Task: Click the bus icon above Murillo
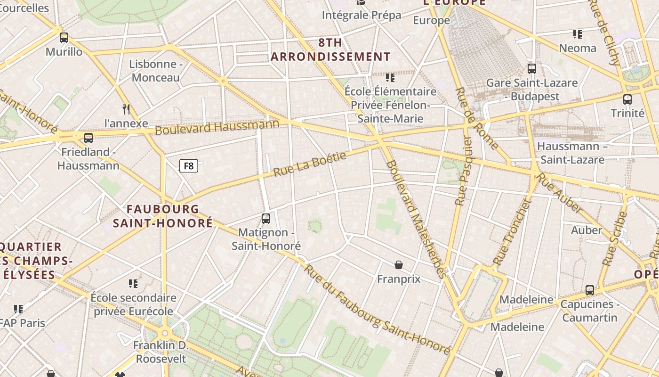click(64, 38)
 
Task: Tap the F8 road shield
click(188, 166)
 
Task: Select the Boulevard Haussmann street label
click(217, 127)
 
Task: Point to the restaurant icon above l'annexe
click(126, 109)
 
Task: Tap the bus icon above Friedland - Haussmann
click(88, 138)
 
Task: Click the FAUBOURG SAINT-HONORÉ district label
click(163, 216)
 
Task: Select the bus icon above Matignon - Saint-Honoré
click(266, 219)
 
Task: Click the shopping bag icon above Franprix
click(399, 265)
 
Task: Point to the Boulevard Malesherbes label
click(416, 219)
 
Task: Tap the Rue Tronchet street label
click(512, 232)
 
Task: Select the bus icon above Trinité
click(627, 99)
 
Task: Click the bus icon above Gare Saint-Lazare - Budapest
click(532, 69)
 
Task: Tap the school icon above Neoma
click(578, 34)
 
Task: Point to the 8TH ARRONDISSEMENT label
click(330, 49)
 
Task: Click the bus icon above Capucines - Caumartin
click(590, 290)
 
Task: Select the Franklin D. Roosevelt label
click(161, 352)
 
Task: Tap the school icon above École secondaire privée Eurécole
click(133, 284)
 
